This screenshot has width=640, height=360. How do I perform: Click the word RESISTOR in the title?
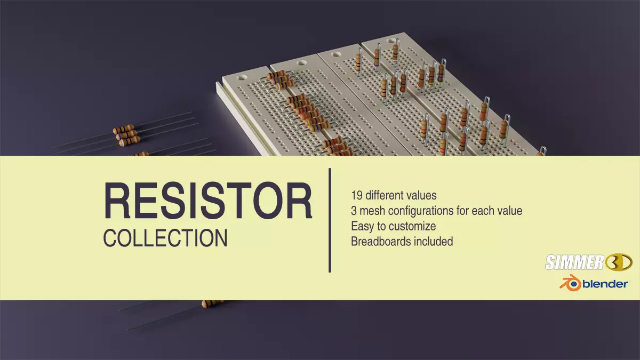(207, 202)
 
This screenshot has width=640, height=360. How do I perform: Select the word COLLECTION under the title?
(165, 238)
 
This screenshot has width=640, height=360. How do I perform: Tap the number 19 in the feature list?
(357, 195)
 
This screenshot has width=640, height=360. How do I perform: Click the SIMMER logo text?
(573, 262)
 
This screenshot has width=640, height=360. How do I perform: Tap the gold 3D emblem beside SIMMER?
(619, 262)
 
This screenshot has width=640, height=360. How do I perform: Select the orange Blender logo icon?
(569, 283)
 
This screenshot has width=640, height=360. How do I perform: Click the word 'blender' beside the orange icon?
(605, 284)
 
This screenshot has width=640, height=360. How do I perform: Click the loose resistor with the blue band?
(124, 130)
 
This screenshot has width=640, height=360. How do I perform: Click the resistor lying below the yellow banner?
(212, 303)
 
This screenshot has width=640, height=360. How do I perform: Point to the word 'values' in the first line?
(420, 195)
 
